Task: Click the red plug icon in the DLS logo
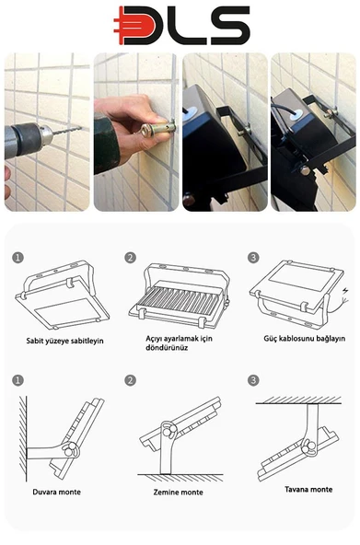[x=134, y=26]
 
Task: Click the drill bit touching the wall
[x=67, y=132]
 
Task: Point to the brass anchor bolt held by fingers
[x=157, y=128]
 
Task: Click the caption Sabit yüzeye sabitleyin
[x=64, y=341]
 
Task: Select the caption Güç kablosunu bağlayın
[x=305, y=339]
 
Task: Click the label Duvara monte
[x=57, y=492]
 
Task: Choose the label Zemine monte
[x=179, y=493]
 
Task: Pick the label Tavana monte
[x=308, y=490]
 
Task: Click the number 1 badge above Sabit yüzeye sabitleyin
[x=17, y=258]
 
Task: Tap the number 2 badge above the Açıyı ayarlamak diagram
[x=131, y=258]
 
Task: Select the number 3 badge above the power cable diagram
[x=253, y=258]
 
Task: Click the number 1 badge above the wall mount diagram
[x=17, y=380]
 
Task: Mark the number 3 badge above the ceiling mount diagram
[x=253, y=380]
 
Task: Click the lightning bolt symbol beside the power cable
[x=345, y=291]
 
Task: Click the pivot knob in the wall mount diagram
[x=71, y=450]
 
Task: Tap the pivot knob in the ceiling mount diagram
[x=308, y=447]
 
